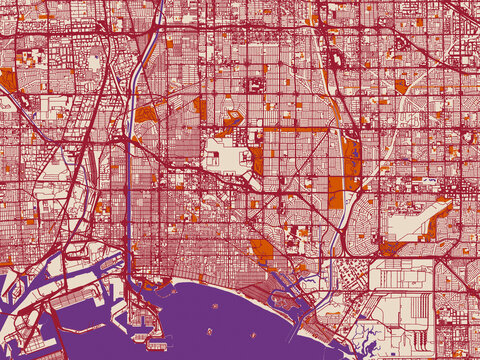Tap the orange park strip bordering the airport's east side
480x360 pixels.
click(257, 161)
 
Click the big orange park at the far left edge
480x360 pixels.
click(7, 80)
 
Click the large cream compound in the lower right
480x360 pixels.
click(400, 274)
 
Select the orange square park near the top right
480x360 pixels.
click(400, 86)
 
